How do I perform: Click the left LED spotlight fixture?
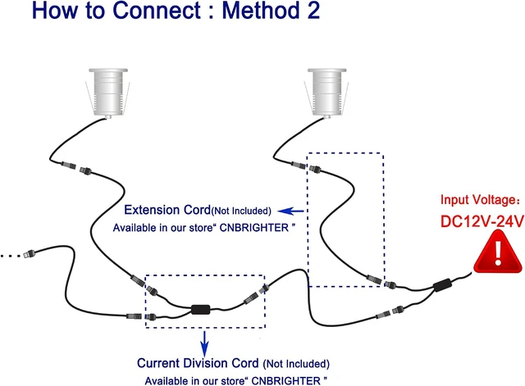tap(107, 93)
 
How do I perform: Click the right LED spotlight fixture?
tap(326, 93)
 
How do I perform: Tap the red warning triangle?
tap(498, 252)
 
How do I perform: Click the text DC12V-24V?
tap(482, 221)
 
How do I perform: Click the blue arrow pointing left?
tap(290, 211)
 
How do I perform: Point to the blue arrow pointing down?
tap(204, 344)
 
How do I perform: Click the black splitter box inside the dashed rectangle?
tap(200, 310)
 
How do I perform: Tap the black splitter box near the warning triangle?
tap(442, 285)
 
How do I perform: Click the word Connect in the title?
tap(157, 11)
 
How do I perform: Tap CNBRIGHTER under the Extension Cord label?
tap(253, 228)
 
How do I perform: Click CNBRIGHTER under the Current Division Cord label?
tap(285, 381)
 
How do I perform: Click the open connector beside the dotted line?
tap(30, 253)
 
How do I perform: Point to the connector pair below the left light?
tap(76, 168)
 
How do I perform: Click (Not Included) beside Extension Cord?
tap(241, 211)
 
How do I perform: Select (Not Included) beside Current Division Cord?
tap(296, 364)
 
